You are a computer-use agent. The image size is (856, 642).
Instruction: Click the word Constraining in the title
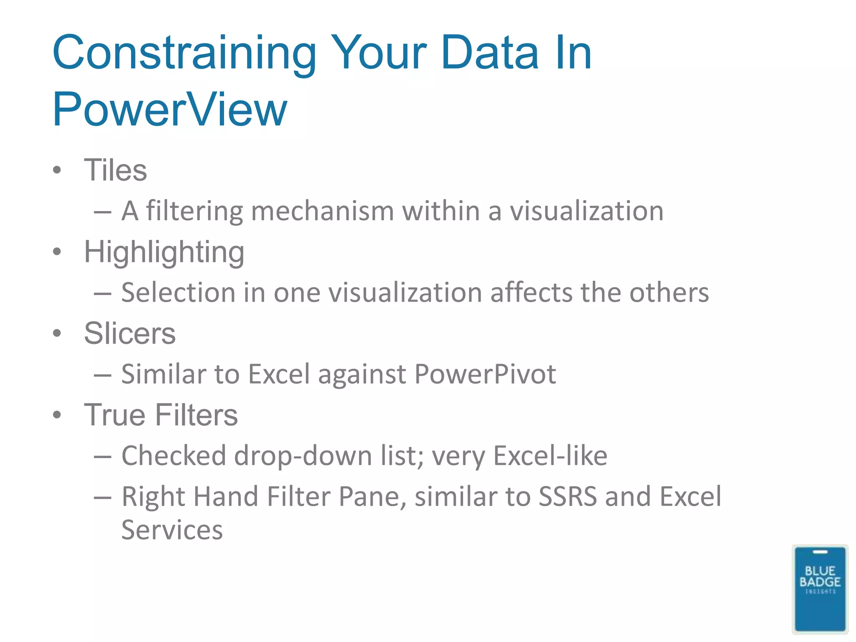(184, 53)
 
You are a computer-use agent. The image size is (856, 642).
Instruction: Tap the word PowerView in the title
(170, 110)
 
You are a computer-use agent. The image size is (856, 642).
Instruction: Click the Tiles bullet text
(115, 170)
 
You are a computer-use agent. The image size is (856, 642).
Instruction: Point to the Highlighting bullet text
(164, 252)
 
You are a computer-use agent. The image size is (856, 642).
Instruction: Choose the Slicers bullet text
(130, 334)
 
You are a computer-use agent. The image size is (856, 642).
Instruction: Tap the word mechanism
(322, 211)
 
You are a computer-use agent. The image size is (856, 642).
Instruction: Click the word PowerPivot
(485, 374)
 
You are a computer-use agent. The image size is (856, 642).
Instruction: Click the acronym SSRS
(568, 497)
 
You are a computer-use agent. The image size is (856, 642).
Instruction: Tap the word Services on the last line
(172, 530)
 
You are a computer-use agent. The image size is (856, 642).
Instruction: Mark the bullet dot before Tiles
(57, 170)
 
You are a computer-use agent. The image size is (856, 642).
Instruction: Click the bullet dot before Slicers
(57, 334)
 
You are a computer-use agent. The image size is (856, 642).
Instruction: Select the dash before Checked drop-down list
(102, 457)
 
